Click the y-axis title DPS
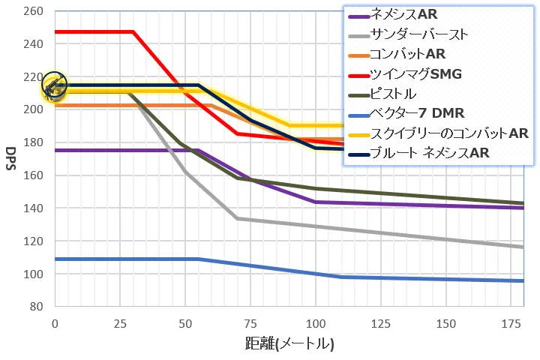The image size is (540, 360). [x=12, y=159]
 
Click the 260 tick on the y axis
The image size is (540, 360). [x=34, y=11]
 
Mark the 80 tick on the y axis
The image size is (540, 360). [x=37, y=307]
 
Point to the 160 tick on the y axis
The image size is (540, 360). [x=34, y=175]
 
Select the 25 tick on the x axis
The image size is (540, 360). [x=120, y=323]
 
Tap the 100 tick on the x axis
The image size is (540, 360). [x=316, y=323]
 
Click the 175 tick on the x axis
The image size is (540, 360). [x=512, y=323]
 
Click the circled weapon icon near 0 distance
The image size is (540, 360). [x=54, y=86]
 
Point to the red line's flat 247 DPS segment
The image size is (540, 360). [x=94, y=31]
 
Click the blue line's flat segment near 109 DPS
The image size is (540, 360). [x=124, y=259]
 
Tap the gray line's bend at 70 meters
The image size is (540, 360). [x=238, y=218]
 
